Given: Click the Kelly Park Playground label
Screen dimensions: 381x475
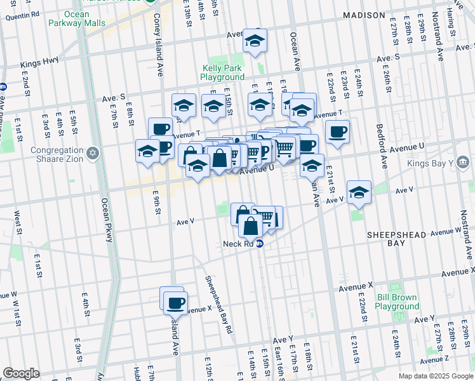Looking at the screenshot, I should (222, 72).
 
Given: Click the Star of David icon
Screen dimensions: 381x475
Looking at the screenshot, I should (93, 153).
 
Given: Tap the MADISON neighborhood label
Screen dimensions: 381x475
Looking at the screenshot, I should (364, 15).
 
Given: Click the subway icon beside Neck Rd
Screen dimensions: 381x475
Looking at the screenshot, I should (260, 244).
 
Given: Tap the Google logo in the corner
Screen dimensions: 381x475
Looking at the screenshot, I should (21, 373).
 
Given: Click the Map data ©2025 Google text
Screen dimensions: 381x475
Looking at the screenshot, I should (435, 376).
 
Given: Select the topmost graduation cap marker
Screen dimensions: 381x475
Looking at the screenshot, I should (255, 41).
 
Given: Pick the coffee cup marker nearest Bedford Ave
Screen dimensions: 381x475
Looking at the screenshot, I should (337, 132).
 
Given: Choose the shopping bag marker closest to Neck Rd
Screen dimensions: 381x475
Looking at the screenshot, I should (251, 226).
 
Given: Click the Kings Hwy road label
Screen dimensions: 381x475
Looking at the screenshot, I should (39, 64).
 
